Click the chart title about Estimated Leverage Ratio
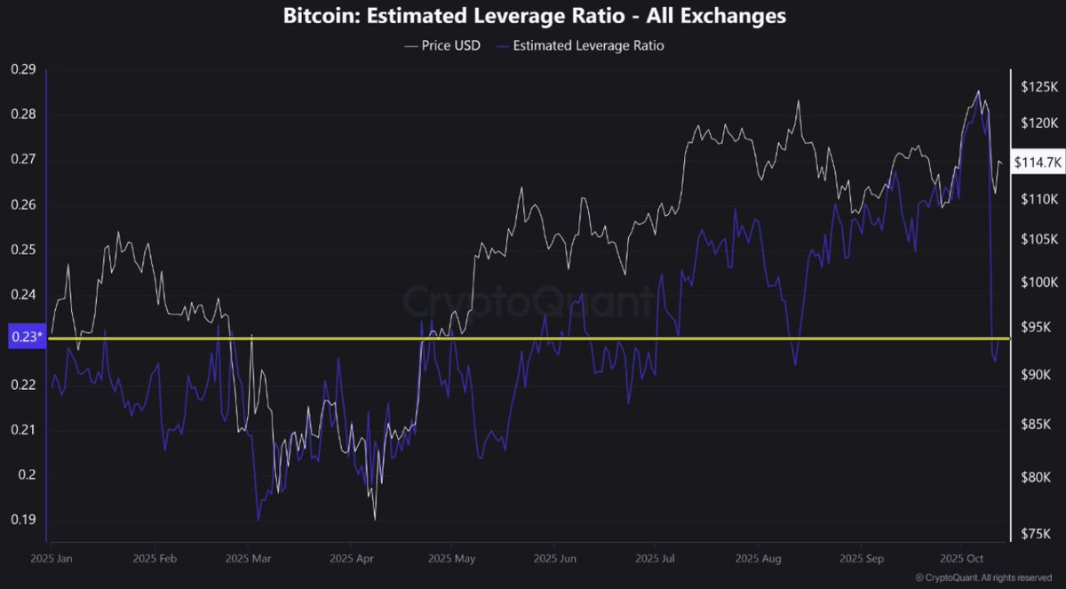534,16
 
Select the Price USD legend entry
442,45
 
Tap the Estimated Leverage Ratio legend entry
581,45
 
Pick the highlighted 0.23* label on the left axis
24,338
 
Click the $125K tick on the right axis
1039,87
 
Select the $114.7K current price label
1039,162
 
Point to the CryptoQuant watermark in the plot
528,302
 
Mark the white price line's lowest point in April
375,520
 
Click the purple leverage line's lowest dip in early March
259,521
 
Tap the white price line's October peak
978,91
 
